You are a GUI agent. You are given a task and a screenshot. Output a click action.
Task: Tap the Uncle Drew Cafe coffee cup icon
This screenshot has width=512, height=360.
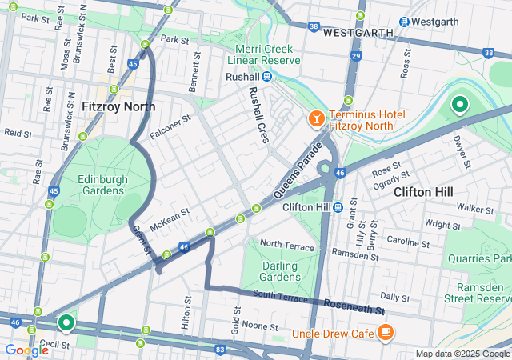click(x=385, y=331)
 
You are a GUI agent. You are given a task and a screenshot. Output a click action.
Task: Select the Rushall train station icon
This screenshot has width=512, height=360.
click(x=266, y=76)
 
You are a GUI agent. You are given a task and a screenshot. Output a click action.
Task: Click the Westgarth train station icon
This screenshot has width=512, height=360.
click(x=405, y=22)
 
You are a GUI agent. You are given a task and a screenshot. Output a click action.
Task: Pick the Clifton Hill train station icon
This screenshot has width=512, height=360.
click(x=338, y=207)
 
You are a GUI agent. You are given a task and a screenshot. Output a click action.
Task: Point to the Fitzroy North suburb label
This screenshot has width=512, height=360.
click(x=118, y=106)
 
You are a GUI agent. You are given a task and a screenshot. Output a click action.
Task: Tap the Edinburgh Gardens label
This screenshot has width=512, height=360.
click(x=102, y=185)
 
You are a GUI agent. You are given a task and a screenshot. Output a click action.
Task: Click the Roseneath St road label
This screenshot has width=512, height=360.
click(x=354, y=306)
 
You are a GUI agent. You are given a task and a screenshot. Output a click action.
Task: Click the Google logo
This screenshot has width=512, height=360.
click(x=26, y=350)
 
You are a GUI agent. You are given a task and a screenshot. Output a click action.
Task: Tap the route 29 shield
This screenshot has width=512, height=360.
click(x=356, y=54)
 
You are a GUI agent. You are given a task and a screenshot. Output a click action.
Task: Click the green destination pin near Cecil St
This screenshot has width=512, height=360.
click(x=66, y=322)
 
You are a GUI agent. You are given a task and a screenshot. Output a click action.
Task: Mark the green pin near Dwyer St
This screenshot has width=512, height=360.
click(x=459, y=104)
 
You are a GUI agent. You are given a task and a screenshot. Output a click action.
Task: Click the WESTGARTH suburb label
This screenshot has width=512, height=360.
click(x=358, y=33)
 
